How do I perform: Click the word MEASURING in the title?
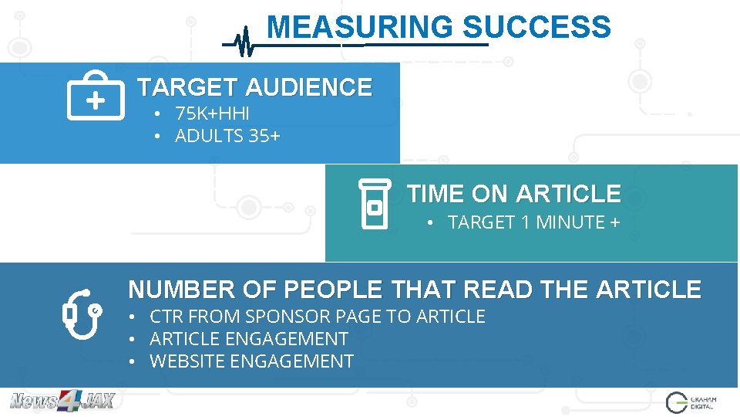[x=359, y=28]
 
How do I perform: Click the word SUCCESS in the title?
[x=536, y=28]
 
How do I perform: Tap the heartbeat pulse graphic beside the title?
[x=244, y=42]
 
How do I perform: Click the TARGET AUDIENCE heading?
[x=254, y=87]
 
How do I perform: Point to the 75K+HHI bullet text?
[x=212, y=114]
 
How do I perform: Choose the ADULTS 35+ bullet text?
[x=227, y=137]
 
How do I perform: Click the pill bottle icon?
[x=375, y=204]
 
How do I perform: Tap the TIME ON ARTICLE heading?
[x=513, y=193]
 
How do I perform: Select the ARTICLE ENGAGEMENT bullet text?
[x=249, y=339]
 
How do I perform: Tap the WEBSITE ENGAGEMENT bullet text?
[x=251, y=361]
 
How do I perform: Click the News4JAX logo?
[x=62, y=401]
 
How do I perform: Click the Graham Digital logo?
[x=691, y=402]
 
